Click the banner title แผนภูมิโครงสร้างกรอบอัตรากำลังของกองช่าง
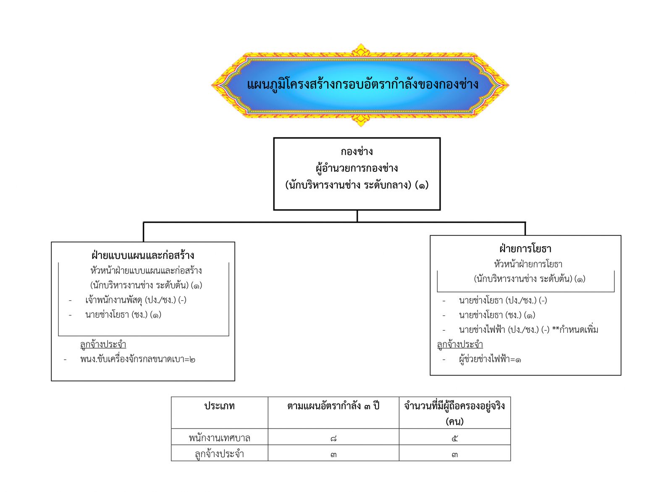point(362,84)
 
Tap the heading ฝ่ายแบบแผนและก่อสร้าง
point(143,255)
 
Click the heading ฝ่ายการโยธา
point(525,249)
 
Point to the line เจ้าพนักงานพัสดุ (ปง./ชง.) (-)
point(136,300)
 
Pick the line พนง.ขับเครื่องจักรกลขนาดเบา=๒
point(138,359)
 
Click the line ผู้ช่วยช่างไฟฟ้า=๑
point(490,359)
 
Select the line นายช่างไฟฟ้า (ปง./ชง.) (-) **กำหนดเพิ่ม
point(529,329)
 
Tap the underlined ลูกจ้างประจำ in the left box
point(103,344)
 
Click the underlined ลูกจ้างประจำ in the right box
point(460,344)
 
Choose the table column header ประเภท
point(220,406)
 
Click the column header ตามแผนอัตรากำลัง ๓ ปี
point(333,406)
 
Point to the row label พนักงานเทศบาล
point(220,438)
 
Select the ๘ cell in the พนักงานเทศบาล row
point(333,439)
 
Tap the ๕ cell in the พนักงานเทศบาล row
point(454,439)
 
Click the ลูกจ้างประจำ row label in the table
point(220,454)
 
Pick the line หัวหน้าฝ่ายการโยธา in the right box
point(528,264)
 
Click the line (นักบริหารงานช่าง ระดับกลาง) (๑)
point(357,184)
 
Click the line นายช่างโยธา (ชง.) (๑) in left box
point(123,315)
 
